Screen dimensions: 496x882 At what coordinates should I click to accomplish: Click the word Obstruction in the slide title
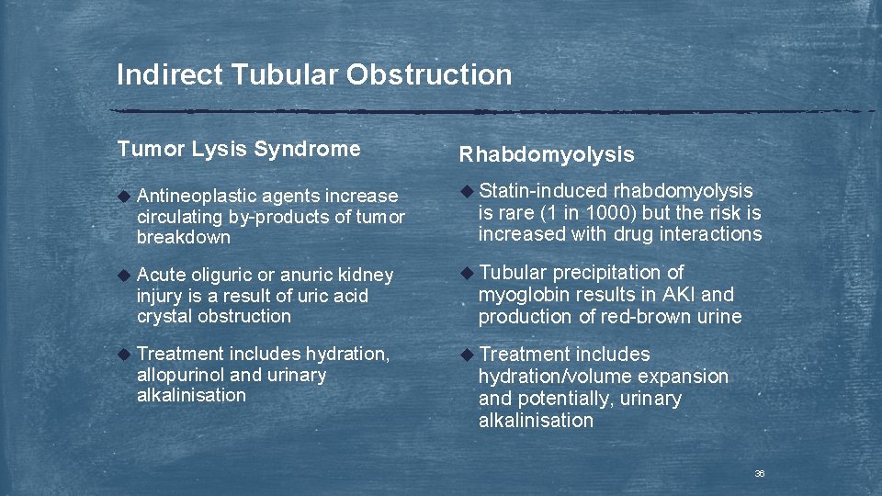click(x=428, y=75)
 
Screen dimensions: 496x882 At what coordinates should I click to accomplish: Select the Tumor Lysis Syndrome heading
click(x=239, y=149)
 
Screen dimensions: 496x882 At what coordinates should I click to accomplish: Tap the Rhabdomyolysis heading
click(x=547, y=155)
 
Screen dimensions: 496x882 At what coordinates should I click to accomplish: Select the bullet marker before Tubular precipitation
click(x=466, y=273)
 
